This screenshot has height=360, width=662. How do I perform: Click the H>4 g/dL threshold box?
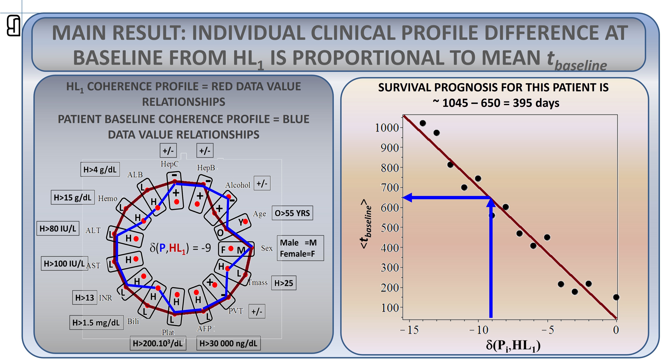click(x=100, y=169)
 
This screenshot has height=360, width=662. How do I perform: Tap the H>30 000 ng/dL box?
click(x=228, y=343)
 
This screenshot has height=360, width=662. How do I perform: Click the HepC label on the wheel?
click(x=169, y=164)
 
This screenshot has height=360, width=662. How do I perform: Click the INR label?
click(x=106, y=298)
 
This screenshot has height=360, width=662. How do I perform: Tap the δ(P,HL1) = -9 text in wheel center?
click(x=180, y=248)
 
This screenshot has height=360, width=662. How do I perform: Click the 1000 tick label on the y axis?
click(x=387, y=128)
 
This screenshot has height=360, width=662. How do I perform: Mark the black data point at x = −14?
click(x=423, y=123)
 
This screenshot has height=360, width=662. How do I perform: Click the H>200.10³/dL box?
click(x=158, y=343)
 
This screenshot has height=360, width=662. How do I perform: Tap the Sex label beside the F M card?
click(x=267, y=248)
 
